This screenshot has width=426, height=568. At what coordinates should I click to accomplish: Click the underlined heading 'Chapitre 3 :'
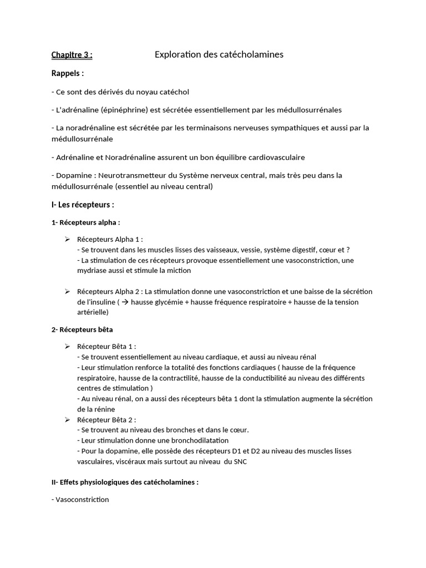pos(72,54)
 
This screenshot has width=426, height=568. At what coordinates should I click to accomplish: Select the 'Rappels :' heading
pos(68,73)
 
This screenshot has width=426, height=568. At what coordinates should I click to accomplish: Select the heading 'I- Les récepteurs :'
pos(82,205)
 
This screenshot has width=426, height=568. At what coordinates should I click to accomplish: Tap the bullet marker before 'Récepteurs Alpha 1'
pos(67,239)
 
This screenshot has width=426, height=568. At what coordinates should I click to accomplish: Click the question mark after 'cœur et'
pos(348,250)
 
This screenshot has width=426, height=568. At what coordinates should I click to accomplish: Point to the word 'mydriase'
pos(92,271)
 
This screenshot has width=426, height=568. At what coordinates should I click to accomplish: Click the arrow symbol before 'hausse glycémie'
pos(125,302)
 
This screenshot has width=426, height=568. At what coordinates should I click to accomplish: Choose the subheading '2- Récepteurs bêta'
pos(82,329)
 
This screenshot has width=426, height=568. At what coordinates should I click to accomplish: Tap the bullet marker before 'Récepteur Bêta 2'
pos(67,419)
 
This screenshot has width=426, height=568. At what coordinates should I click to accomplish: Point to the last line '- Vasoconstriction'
pos(80,500)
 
